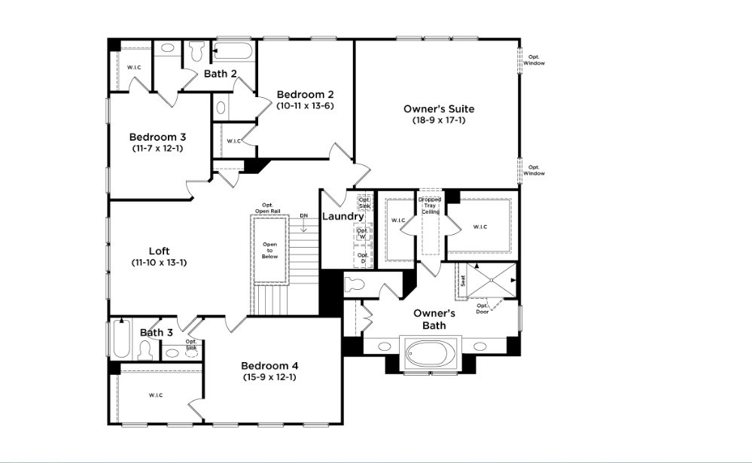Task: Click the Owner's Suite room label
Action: point(439,108)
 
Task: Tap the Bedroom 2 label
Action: point(305,94)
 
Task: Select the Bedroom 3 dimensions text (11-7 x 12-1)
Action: point(157,149)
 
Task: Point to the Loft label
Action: point(159,251)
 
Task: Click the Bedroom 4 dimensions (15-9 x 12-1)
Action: point(269,376)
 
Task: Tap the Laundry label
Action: point(343,216)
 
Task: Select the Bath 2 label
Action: point(221,74)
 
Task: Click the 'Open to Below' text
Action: point(269,251)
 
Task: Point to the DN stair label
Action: point(303,216)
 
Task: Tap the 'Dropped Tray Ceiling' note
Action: point(430,206)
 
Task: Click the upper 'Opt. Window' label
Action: point(534,59)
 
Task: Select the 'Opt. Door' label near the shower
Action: point(483,309)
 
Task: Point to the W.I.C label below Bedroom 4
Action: point(156,395)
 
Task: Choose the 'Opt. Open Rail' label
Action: point(267,208)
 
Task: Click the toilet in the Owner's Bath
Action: point(355,285)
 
